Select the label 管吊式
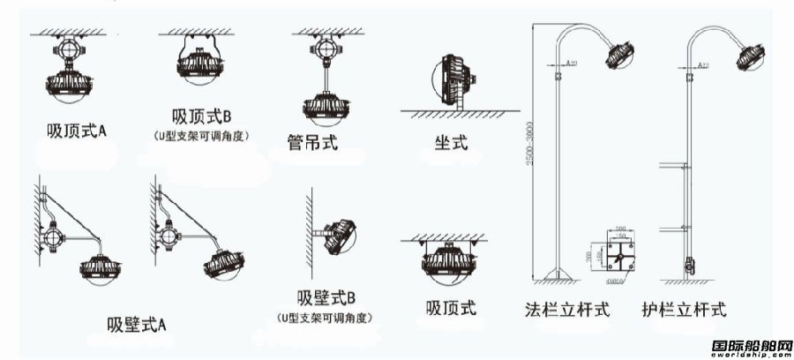312,141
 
